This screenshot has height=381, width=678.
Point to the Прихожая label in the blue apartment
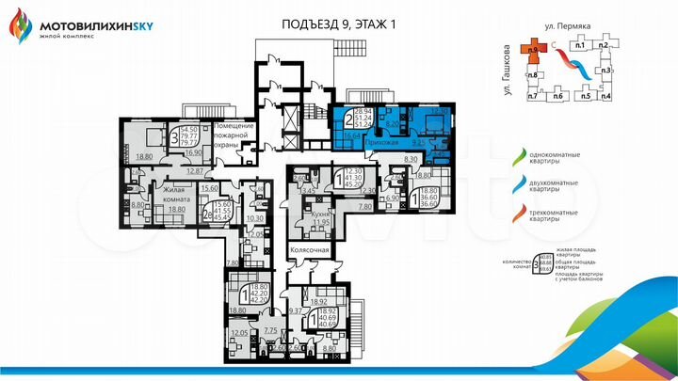pos(371,140)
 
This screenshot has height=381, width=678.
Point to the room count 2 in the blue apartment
pos(348,119)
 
